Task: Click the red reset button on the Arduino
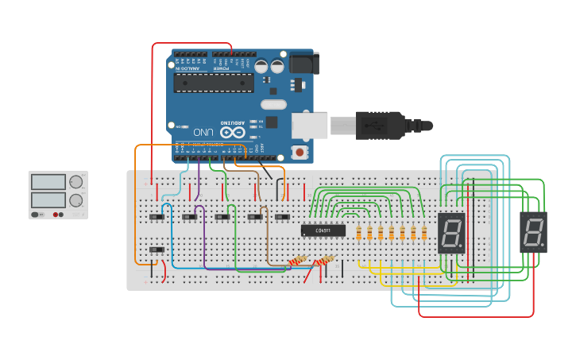coord(300,152)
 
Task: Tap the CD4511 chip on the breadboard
coord(323,230)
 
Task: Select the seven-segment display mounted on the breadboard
coord(451,233)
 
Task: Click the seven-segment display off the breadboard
coord(533,232)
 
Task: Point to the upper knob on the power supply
coord(76,183)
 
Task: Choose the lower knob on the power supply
coord(76,200)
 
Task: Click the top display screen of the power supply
coord(48,182)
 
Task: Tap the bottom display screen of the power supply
coord(48,199)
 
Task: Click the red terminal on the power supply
coord(56,215)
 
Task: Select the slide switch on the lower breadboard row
coord(157,250)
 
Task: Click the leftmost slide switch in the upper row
coord(157,216)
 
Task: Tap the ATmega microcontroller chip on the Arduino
coord(214,83)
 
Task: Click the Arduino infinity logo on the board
coord(232,132)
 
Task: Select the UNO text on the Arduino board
coord(204,132)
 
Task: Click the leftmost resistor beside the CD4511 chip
coord(359,233)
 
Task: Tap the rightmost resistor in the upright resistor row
coord(424,233)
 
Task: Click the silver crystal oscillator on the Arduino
coord(273,104)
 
